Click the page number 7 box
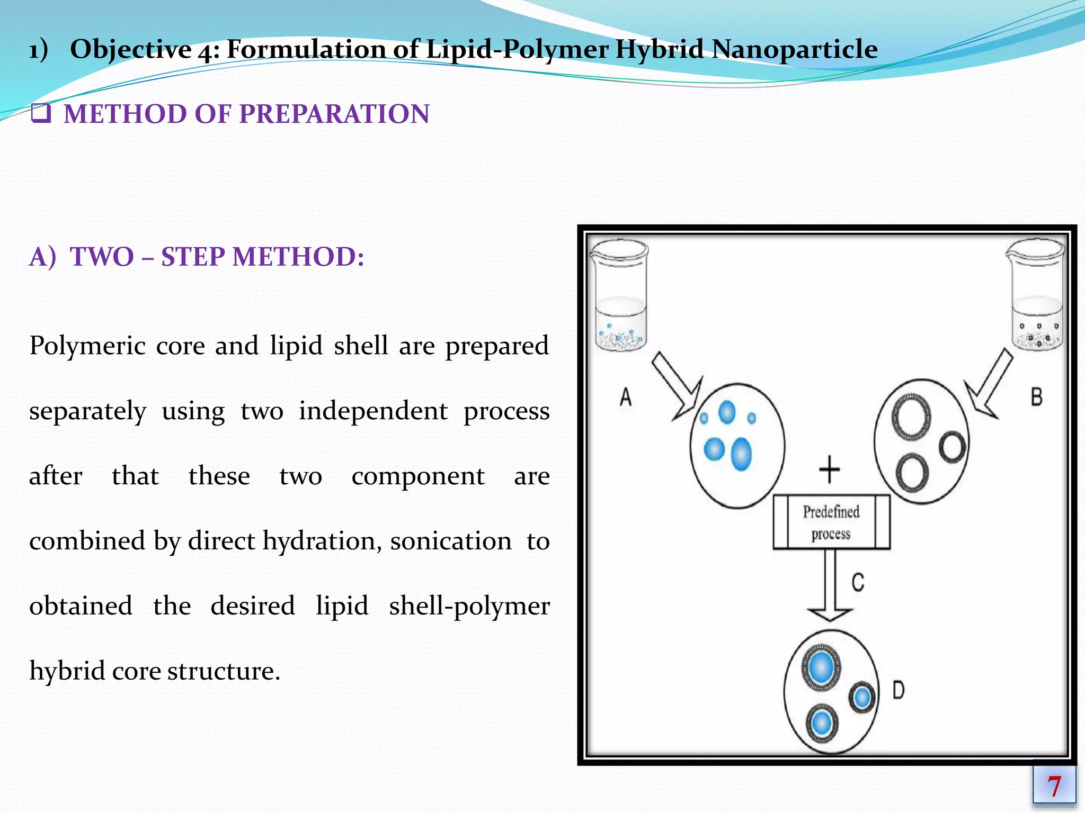[1054, 785]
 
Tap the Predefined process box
[831, 522]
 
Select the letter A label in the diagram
[626, 396]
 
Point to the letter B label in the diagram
[1037, 396]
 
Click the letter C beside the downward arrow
[858, 582]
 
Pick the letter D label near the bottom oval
[899, 690]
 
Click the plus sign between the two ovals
[829, 469]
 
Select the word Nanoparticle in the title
[794, 49]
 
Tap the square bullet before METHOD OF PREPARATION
[41, 113]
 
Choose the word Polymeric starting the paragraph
[87, 346]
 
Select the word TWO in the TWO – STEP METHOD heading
[102, 257]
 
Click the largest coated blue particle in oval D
[821, 667]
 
